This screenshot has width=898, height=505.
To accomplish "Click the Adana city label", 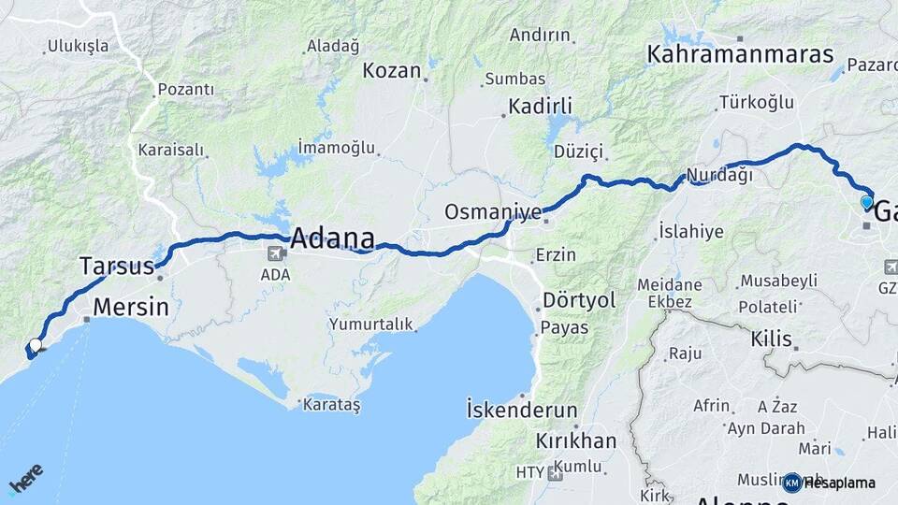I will click(333, 238).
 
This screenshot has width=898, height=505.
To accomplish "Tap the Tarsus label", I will click(116, 267).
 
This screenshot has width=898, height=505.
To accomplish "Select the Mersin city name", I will click(131, 307).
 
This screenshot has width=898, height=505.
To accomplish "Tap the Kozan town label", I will click(391, 70).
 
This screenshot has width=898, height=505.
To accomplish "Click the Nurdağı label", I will click(718, 175).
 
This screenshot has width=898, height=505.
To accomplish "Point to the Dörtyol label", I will click(580, 301).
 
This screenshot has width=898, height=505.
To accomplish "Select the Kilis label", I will click(771, 339).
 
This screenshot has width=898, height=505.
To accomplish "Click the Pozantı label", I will click(185, 89).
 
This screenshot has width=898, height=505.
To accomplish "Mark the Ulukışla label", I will click(78, 45).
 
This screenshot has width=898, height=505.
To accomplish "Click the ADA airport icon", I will click(276, 254).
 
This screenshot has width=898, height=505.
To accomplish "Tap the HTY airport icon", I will click(556, 473).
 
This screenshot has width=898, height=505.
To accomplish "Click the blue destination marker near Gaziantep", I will click(866, 202).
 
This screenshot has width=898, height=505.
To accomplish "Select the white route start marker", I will click(36, 345).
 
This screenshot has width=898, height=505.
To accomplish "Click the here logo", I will click(25, 477).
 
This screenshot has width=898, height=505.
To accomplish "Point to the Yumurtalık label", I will click(370, 324).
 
